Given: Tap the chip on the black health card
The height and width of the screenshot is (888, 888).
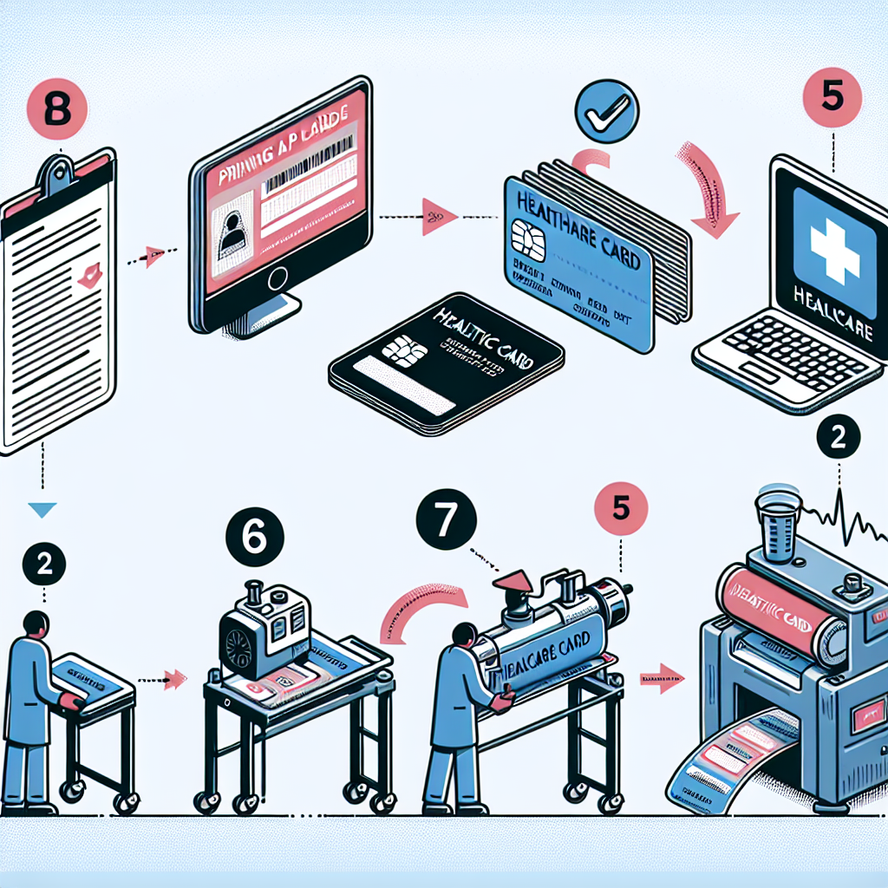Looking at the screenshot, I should (x=402, y=353).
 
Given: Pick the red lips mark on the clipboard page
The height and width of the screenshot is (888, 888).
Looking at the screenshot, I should (x=88, y=275).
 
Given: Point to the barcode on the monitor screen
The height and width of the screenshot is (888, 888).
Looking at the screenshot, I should (x=306, y=173).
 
